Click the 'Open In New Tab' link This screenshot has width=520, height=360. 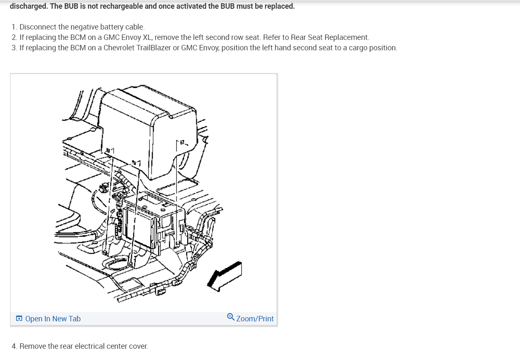(x=53, y=319)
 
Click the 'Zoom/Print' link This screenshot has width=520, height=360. (x=255, y=319)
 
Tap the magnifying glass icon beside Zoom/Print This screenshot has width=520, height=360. (x=231, y=317)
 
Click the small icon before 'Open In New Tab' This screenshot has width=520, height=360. (x=19, y=319)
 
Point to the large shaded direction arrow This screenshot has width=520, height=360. (x=225, y=274)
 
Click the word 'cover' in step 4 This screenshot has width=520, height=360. (x=137, y=346)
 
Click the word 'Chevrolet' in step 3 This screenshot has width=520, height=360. (x=119, y=48)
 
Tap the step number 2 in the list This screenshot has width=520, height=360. (x=14, y=37)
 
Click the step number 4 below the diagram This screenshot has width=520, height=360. (x=14, y=346)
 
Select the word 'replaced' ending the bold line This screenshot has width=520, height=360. (x=280, y=7)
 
